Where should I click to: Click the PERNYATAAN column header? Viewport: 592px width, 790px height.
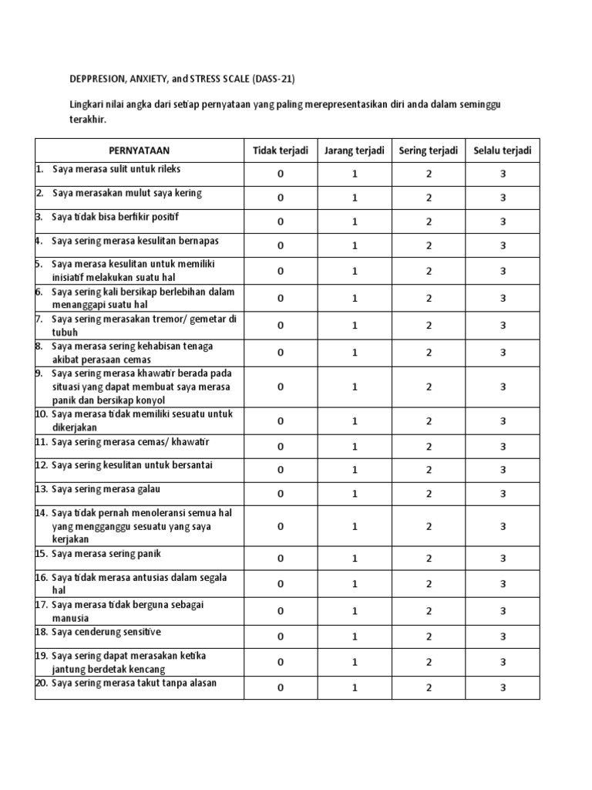pyautogui.click(x=139, y=150)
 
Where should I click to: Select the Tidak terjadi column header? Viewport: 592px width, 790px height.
pyautogui.click(x=281, y=150)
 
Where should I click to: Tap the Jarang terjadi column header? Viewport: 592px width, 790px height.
pyautogui.click(x=355, y=150)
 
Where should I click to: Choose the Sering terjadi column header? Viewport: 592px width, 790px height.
pyautogui.click(x=428, y=150)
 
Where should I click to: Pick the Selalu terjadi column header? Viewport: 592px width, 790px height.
pyautogui.click(x=503, y=150)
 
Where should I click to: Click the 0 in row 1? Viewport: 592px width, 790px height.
pyautogui.click(x=281, y=174)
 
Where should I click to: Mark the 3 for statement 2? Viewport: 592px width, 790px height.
pyautogui.click(x=503, y=198)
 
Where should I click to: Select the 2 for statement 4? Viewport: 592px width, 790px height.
pyautogui.click(x=429, y=246)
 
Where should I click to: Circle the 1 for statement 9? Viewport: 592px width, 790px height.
pyautogui.click(x=355, y=387)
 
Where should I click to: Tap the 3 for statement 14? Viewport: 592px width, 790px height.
pyautogui.click(x=503, y=526)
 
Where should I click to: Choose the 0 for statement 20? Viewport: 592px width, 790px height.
pyautogui.click(x=281, y=687)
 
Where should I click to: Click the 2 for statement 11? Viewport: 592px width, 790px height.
pyautogui.click(x=429, y=447)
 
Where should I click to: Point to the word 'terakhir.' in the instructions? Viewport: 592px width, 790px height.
pyautogui.click(x=84, y=120)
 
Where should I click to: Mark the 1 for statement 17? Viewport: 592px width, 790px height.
pyautogui.click(x=355, y=611)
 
